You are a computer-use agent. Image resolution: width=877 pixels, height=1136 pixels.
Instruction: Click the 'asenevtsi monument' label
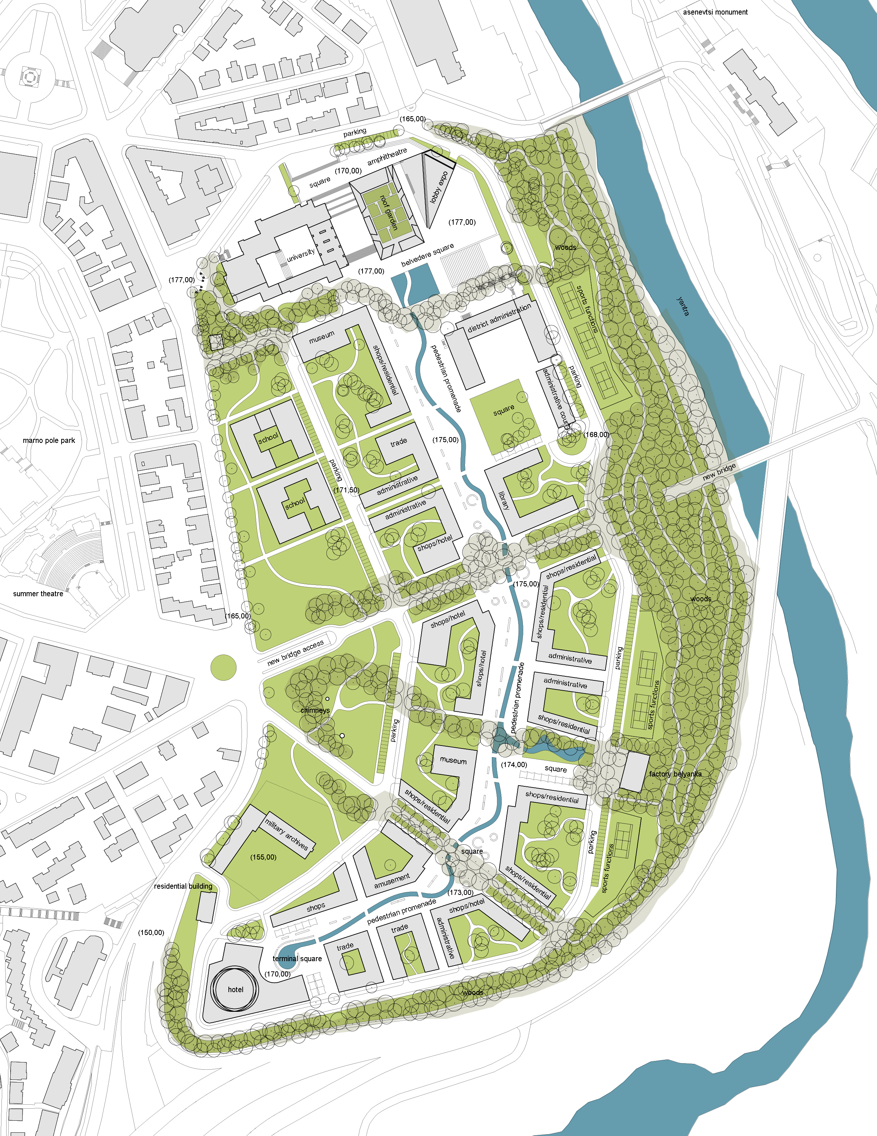[x=715, y=12]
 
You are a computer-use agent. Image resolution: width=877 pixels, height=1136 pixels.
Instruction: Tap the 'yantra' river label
[x=684, y=306]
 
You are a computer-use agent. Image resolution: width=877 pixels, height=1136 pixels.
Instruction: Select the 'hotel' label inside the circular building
[x=235, y=989]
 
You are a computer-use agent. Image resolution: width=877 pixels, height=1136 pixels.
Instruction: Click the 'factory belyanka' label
[x=675, y=774]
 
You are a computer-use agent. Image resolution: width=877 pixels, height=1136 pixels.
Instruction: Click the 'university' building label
[x=301, y=255]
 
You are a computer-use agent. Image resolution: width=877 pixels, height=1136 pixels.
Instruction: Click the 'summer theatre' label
[x=38, y=593]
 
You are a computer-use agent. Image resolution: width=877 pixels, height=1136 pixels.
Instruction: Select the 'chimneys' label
[x=315, y=710]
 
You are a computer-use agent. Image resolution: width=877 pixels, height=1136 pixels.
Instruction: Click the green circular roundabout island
[x=224, y=667]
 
